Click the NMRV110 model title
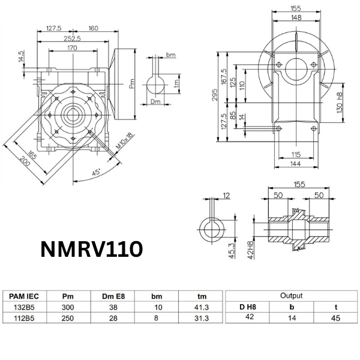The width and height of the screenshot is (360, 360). click(x=91, y=249)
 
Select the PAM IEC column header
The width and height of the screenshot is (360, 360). click(x=25, y=296)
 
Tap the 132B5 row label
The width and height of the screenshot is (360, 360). click(x=25, y=307)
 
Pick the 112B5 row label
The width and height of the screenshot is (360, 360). click(x=25, y=319)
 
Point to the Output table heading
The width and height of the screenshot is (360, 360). click(x=291, y=295)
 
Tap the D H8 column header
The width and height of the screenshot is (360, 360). click(x=247, y=307)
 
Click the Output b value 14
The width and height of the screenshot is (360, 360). click(x=291, y=319)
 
